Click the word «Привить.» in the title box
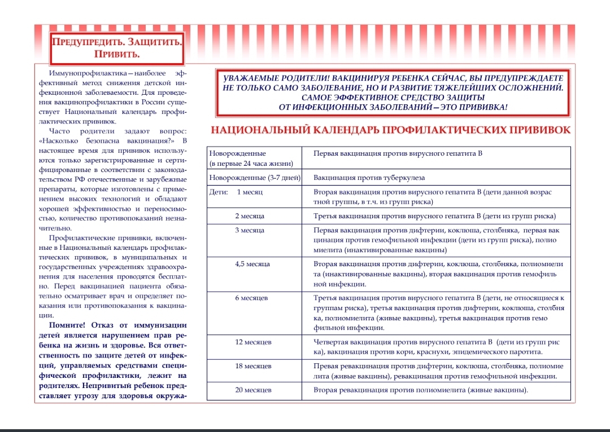117,54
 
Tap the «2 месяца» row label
249,216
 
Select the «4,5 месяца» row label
252,263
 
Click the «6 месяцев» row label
251,297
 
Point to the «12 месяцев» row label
253,342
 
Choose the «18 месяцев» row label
253,366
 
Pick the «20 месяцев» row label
253,390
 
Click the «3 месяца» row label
249,230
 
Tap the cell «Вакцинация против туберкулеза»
369,178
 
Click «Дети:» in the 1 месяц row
219,192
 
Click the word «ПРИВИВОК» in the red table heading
541,131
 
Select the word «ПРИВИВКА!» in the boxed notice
479,107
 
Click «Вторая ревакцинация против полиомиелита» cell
421,390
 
